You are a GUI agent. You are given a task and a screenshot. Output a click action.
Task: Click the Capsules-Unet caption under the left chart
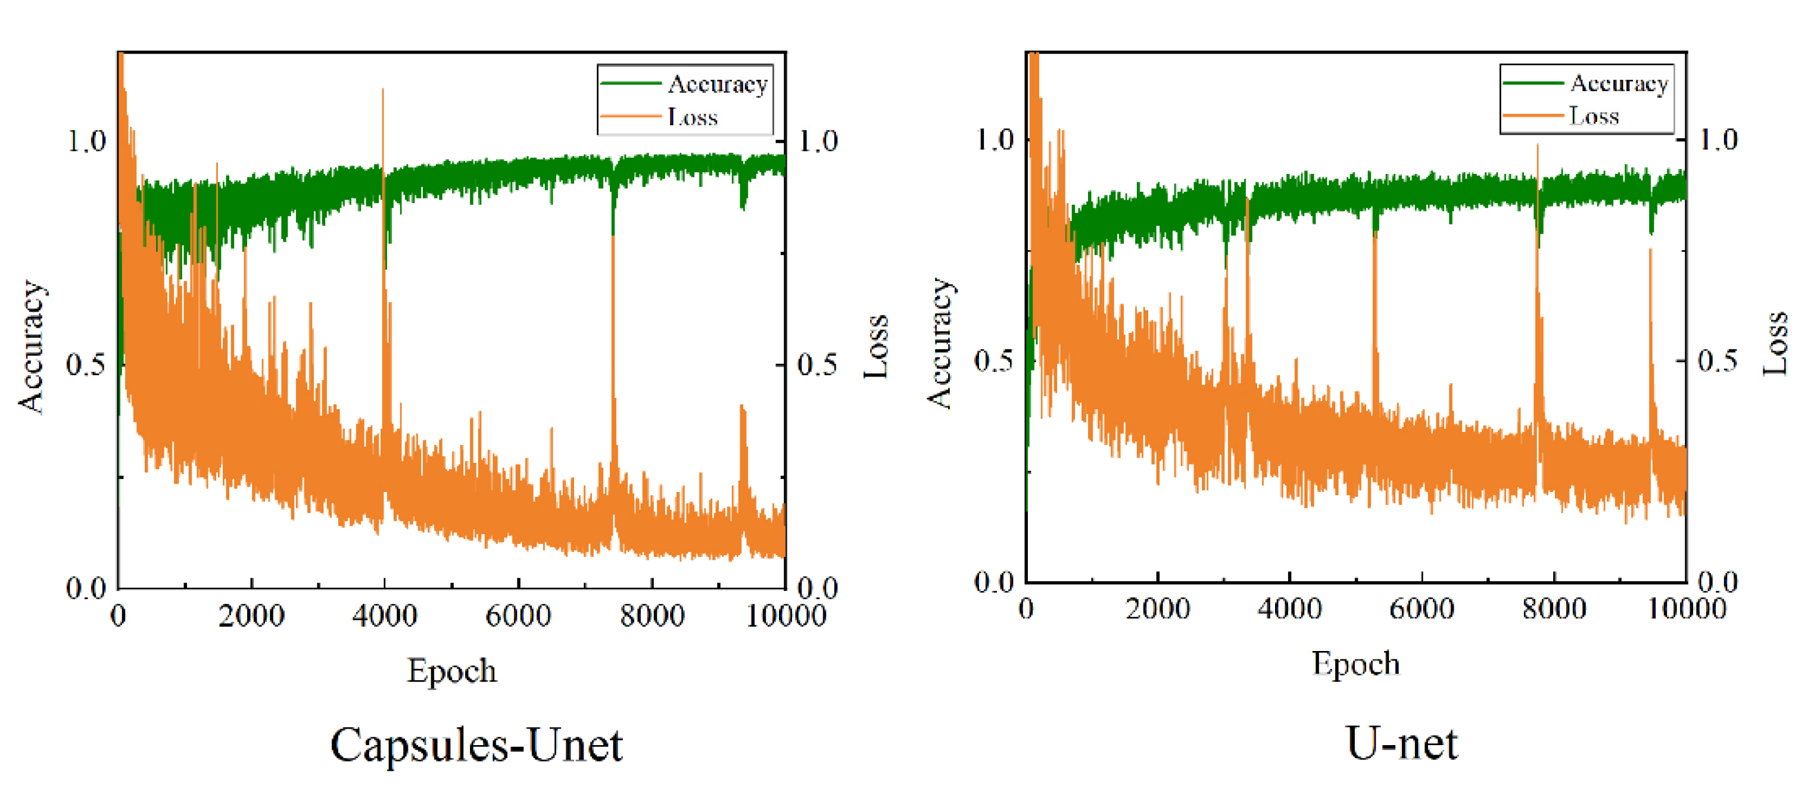point(477,745)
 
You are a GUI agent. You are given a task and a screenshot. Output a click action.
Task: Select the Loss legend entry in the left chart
point(692,117)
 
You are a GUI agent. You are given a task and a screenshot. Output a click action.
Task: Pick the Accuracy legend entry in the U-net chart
point(1618,84)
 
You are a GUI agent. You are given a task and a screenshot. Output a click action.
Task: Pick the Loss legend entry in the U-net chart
point(1594,116)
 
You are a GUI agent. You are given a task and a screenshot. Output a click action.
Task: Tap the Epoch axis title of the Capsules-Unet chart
point(451,670)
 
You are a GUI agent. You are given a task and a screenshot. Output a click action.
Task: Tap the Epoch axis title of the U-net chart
point(1355,663)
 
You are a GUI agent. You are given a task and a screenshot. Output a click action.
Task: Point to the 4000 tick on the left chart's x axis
point(384,616)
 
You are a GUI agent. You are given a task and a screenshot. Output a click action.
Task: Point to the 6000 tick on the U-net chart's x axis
point(1422,609)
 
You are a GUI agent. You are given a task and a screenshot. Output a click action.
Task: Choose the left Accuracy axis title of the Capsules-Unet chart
point(31,345)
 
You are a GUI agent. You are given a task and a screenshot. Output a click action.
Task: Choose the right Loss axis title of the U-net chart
point(1775,344)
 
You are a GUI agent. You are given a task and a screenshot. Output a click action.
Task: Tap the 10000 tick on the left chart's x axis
point(786,616)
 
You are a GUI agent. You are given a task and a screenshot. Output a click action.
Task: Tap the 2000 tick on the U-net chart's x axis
point(1158,609)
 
